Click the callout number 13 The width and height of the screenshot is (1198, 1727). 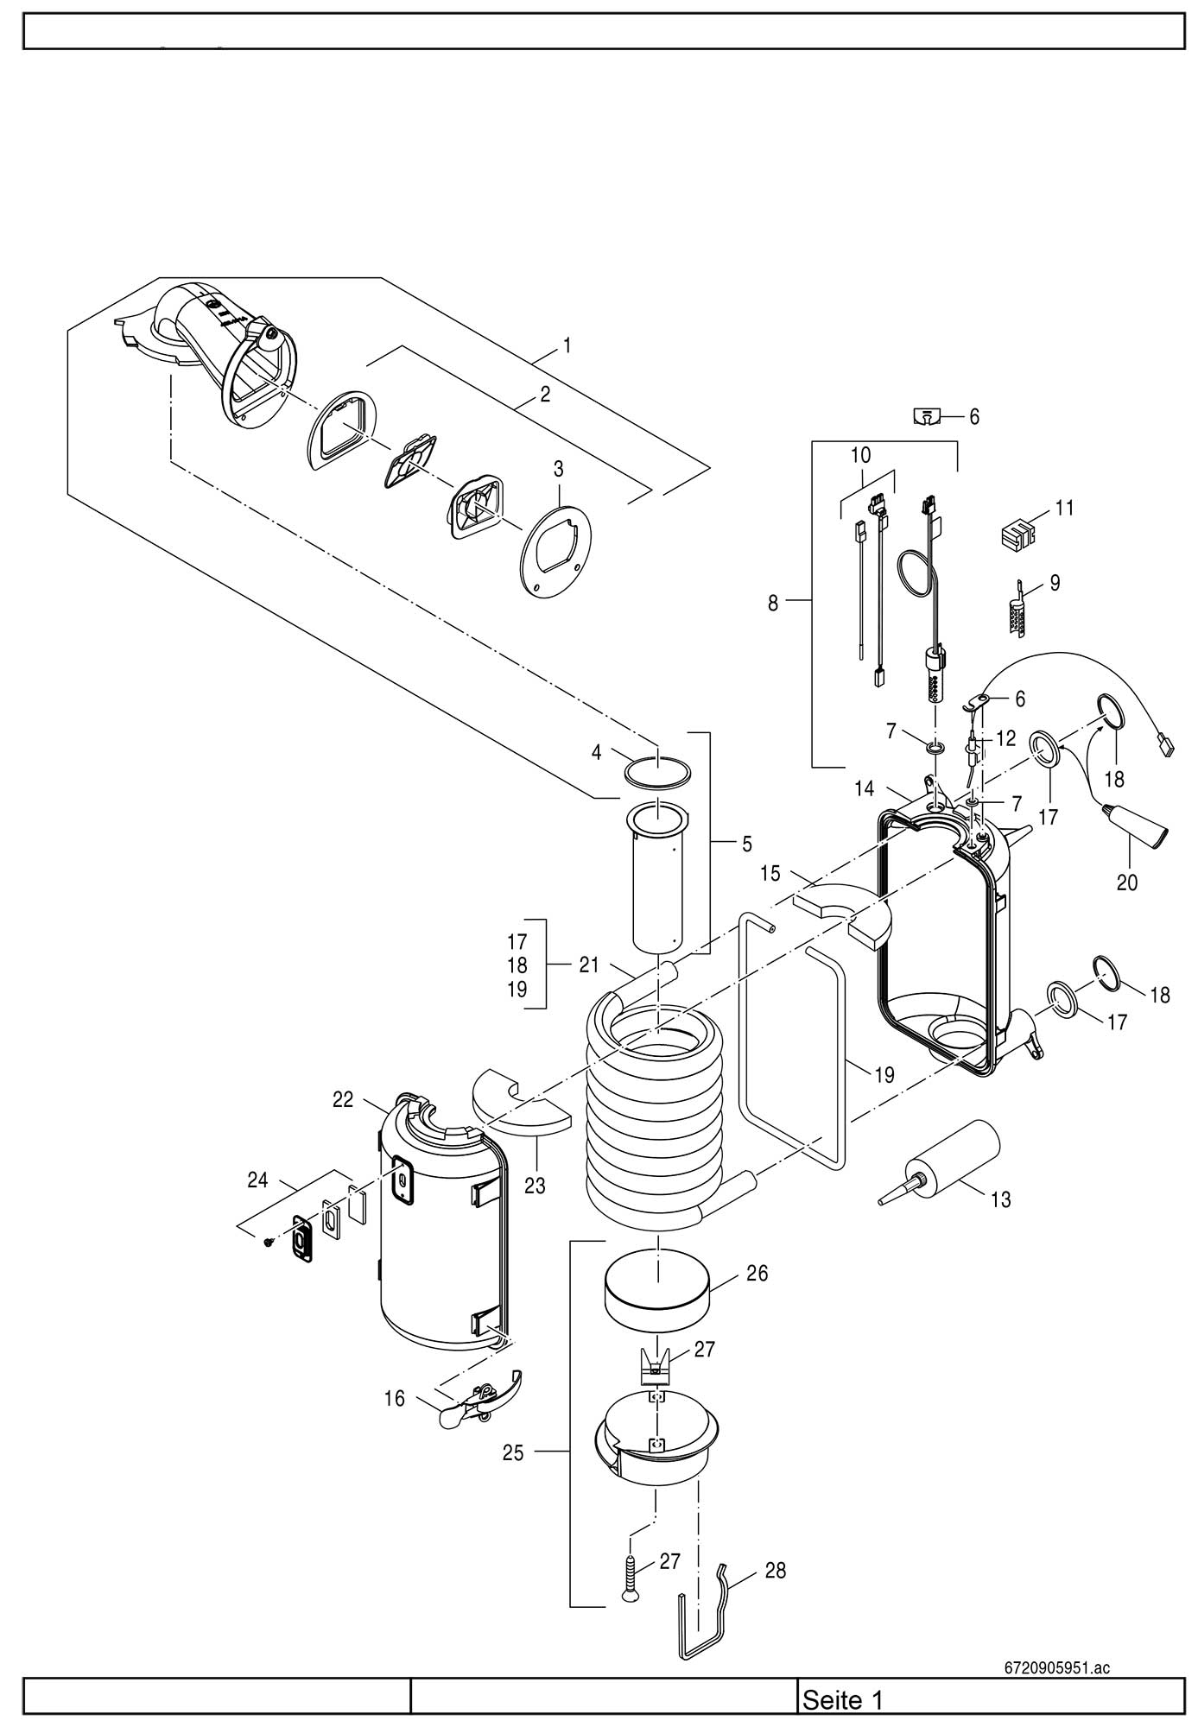point(1000,1199)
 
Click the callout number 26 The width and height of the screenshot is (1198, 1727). point(757,1274)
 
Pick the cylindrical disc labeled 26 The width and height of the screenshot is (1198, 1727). point(658,1295)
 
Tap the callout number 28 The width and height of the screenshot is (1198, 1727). point(776,1571)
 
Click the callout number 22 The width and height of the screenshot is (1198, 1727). point(343,1099)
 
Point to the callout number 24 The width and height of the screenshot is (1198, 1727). point(257,1180)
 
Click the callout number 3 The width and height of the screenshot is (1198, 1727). point(559,469)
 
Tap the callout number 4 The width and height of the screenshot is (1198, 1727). point(596,752)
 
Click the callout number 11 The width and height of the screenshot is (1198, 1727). point(1064,508)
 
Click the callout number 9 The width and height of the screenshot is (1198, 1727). point(1055,583)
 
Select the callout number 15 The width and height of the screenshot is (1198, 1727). point(770,873)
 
